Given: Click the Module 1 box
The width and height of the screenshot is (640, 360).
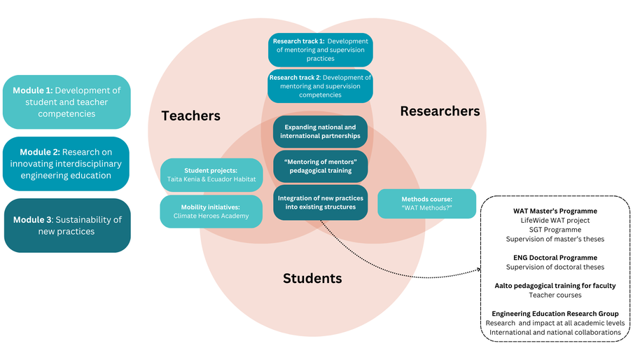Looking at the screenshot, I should [x=67, y=102].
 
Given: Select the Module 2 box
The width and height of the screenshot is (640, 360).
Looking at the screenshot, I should [x=66, y=164].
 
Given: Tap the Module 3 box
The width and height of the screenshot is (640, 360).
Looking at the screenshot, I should [x=67, y=225].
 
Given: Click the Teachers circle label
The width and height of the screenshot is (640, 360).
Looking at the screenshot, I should [x=190, y=116].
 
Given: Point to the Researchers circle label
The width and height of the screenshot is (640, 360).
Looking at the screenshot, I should [x=440, y=111].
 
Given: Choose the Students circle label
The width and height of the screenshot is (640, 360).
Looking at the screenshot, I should [x=312, y=278].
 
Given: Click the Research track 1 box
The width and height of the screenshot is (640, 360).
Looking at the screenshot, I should [x=320, y=50].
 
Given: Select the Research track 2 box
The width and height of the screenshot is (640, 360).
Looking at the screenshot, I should [x=320, y=86].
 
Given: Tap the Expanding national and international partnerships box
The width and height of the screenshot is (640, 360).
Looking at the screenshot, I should [x=320, y=131].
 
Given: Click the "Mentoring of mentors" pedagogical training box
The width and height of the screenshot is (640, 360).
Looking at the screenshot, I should [x=320, y=166].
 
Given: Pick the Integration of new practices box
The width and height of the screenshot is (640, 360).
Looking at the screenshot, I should [x=320, y=202].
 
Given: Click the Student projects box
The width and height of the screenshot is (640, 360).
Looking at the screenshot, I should [x=211, y=174].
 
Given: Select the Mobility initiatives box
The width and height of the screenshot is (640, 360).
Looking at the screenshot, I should [x=211, y=212].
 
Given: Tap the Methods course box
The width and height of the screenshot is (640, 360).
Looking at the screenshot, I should [x=426, y=204].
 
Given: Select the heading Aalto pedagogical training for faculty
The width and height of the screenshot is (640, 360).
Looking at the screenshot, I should [x=554, y=285].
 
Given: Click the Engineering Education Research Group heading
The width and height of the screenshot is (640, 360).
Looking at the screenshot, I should [x=554, y=313].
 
